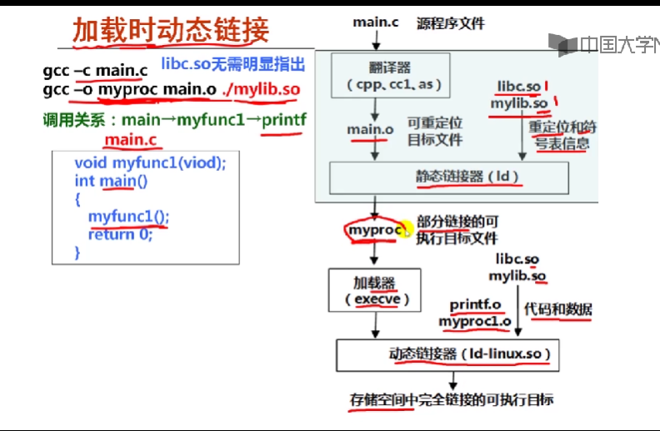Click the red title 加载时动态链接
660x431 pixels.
pyautogui.click(x=170, y=30)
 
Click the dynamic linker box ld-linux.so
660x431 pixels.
pyautogui.click(x=447, y=354)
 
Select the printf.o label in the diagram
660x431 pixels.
pyautogui.click(x=475, y=305)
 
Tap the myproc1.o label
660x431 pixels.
pyautogui.click(x=475, y=322)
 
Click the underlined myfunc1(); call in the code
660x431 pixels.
pyautogui.click(x=128, y=217)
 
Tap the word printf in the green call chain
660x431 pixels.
pyautogui.click(x=284, y=119)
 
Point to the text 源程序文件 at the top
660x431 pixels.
pyautogui.click(x=452, y=23)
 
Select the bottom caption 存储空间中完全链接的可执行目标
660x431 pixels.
pyautogui.click(x=452, y=400)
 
